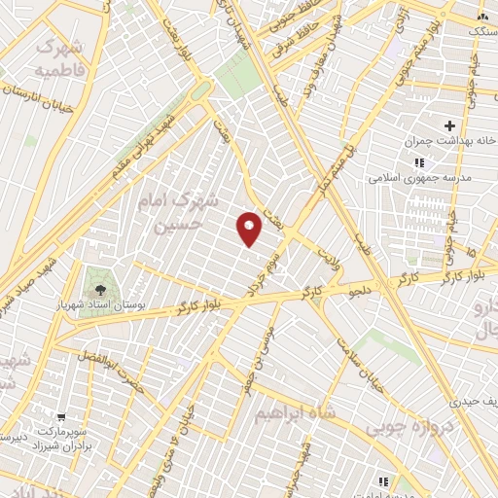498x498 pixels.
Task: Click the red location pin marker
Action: pyautogui.click(x=249, y=229)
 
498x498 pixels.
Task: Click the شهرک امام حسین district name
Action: pyautogui.click(x=182, y=212)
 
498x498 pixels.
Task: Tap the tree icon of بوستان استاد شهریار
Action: pyautogui.click(x=97, y=289)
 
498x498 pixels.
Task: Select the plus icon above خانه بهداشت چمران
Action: pyautogui.click(x=449, y=125)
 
